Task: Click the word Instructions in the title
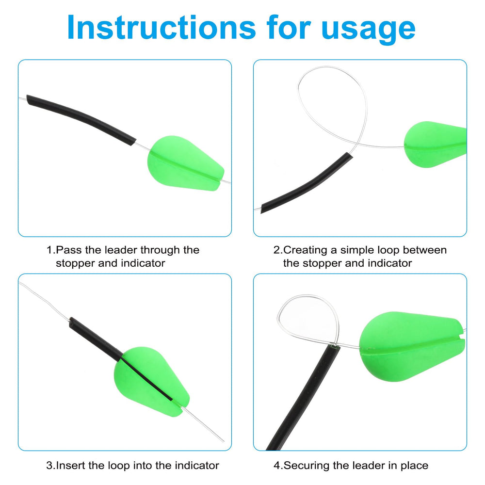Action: [x=161, y=28]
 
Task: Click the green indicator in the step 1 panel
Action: [x=185, y=163]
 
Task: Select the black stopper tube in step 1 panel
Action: [x=81, y=120]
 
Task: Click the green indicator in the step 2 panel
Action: [x=435, y=144]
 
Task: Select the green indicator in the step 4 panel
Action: [x=412, y=346]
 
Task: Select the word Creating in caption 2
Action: [x=305, y=250]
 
